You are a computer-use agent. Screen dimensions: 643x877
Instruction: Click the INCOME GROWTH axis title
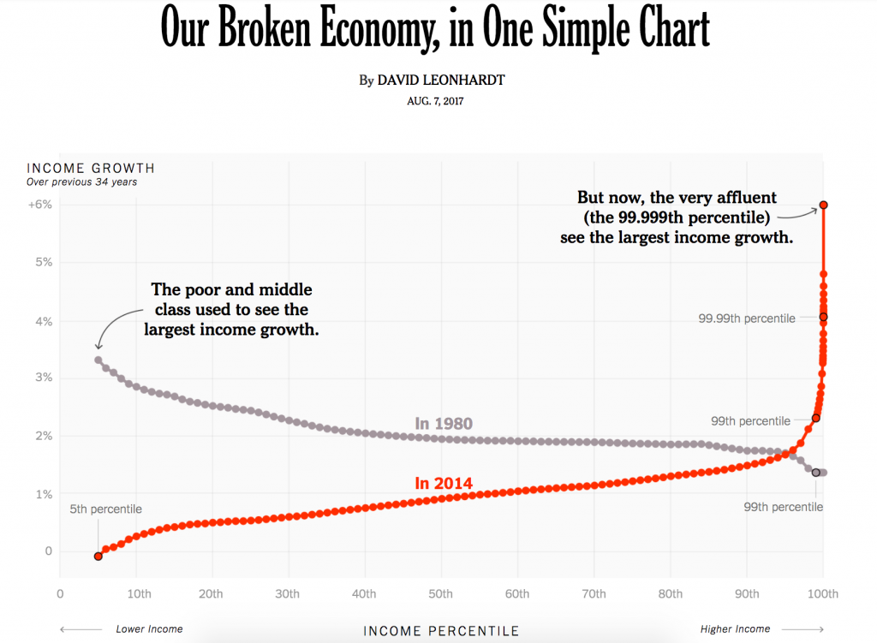[x=91, y=168]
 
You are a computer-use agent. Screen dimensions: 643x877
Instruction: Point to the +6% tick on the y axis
[x=40, y=205]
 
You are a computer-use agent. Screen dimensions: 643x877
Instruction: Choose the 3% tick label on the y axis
[x=43, y=378]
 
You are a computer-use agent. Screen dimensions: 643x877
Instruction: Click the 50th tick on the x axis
[x=441, y=593]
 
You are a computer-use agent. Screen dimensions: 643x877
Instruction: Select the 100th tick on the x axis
[x=823, y=593]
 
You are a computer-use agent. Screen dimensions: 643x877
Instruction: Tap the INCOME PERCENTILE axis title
[x=441, y=631]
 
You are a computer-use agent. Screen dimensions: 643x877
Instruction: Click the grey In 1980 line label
[x=444, y=423]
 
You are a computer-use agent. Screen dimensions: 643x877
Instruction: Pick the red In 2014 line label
[x=444, y=483]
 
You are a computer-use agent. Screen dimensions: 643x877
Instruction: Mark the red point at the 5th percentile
[x=98, y=556]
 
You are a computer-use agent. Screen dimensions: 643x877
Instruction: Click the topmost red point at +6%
[x=823, y=205]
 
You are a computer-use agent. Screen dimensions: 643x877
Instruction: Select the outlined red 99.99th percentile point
[x=823, y=317]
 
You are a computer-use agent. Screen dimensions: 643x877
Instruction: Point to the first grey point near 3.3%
[x=98, y=360]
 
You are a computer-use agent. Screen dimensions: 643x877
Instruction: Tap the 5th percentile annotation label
[x=105, y=509]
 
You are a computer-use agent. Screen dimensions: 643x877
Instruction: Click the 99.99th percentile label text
[x=746, y=319]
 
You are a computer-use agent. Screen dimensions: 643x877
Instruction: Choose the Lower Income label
[x=149, y=629]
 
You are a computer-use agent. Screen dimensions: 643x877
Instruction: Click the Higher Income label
[x=735, y=629]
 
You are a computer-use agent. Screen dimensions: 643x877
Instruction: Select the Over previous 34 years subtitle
[x=81, y=182]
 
